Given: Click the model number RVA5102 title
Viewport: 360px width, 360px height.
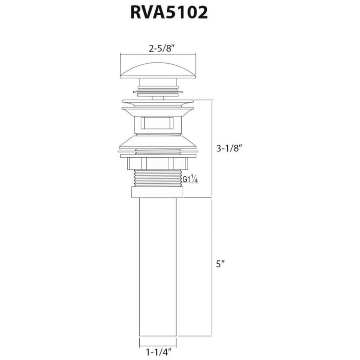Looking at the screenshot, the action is click(x=169, y=13).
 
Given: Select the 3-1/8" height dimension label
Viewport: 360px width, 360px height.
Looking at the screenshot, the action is click(x=229, y=148).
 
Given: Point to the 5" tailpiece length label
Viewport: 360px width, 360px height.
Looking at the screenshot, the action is click(x=220, y=264).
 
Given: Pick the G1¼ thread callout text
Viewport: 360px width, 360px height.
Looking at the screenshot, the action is click(x=190, y=179).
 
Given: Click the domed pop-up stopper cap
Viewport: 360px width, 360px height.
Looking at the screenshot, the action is click(x=158, y=70).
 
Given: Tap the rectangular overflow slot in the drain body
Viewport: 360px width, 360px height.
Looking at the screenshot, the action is click(x=157, y=123).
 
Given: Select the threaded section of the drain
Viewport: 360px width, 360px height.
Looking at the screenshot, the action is click(x=158, y=178).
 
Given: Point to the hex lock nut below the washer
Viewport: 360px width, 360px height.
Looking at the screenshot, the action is click(x=158, y=164).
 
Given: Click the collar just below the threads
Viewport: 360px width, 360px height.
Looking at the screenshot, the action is click(x=157, y=192).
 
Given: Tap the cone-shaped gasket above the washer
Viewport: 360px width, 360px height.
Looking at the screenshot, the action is click(x=158, y=142).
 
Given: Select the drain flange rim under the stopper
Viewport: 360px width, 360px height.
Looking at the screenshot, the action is click(x=158, y=102).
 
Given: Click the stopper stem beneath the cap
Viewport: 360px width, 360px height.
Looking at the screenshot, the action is click(x=158, y=82).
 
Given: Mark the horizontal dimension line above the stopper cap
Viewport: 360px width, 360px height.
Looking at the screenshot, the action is click(x=158, y=54).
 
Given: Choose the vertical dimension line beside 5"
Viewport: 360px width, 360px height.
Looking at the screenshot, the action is click(x=212, y=267).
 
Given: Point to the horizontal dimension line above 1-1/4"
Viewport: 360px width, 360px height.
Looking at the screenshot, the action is click(x=158, y=346).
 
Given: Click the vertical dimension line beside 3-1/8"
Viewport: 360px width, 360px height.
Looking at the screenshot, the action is click(x=212, y=148).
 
